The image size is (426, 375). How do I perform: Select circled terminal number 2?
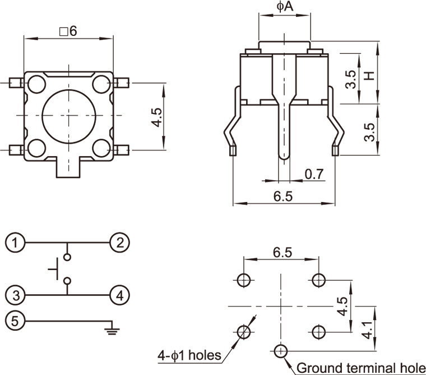point(120,243)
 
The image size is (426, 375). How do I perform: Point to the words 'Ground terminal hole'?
point(361,368)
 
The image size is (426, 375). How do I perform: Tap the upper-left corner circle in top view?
point(36,84)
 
